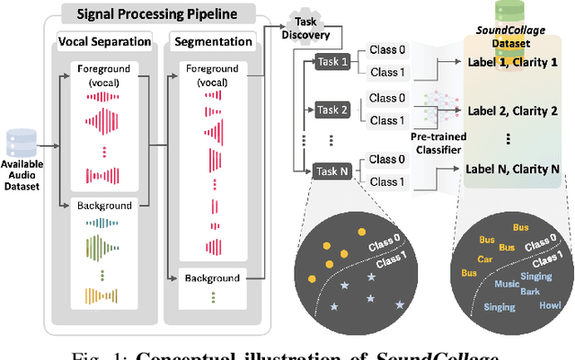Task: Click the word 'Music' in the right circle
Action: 506,284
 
